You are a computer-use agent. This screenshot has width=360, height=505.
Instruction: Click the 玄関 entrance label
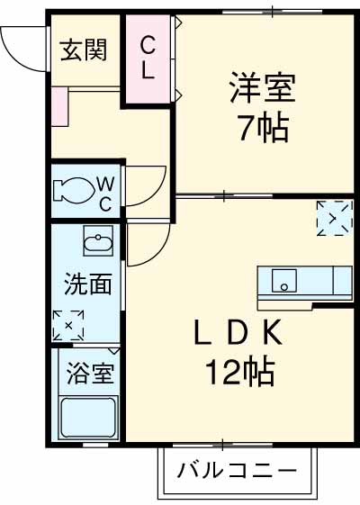pos(84,50)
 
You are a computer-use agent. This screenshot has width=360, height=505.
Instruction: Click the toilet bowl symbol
pos(73,190)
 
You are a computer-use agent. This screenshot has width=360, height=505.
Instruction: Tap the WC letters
pos(105,192)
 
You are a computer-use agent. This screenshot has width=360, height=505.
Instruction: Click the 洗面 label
pos(87,284)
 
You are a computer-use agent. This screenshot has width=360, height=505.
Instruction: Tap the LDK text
pos(238,333)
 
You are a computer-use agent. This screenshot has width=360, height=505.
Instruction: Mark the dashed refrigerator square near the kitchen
pos(332,218)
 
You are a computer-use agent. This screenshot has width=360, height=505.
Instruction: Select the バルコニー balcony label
pos(237,471)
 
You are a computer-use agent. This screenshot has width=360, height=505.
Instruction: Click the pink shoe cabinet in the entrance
pos(60,104)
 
